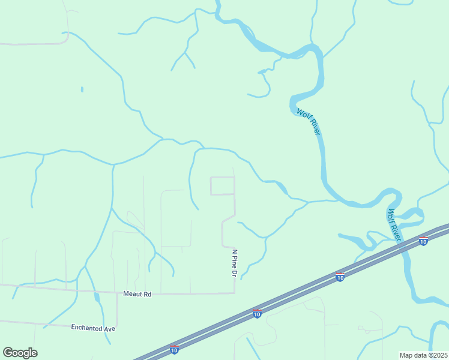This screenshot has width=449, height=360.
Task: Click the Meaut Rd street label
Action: (x=137, y=294)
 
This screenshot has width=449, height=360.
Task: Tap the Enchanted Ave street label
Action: (x=92, y=328)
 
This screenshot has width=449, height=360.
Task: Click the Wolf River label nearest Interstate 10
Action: (x=394, y=224)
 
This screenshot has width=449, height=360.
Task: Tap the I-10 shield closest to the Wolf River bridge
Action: (x=423, y=241)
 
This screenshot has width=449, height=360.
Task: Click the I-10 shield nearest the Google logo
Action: (x=174, y=349)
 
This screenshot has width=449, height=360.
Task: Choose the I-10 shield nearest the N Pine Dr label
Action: (x=257, y=313)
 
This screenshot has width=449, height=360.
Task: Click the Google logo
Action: (x=20, y=353)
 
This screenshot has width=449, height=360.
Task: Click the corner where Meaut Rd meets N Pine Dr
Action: (x=234, y=293)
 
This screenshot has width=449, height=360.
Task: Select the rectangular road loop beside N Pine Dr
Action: (x=222, y=186)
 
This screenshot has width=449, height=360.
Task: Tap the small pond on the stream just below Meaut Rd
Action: (x=96, y=296)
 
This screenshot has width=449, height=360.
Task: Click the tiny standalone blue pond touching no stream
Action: (x=82, y=89)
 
